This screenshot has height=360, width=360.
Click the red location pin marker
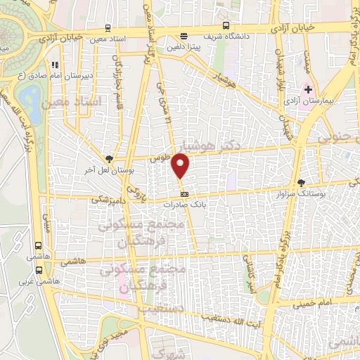tap(181, 166)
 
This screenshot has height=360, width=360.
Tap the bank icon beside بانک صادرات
tap(184, 193)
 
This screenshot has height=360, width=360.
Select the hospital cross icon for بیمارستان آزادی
tap(308, 90)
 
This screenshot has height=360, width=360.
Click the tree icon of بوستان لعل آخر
tap(108, 159)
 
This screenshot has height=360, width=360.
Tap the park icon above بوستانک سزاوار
tap(302, 181)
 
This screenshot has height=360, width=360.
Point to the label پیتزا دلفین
tap(183, 47)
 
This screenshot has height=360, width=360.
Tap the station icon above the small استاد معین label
tap(107, 29)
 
